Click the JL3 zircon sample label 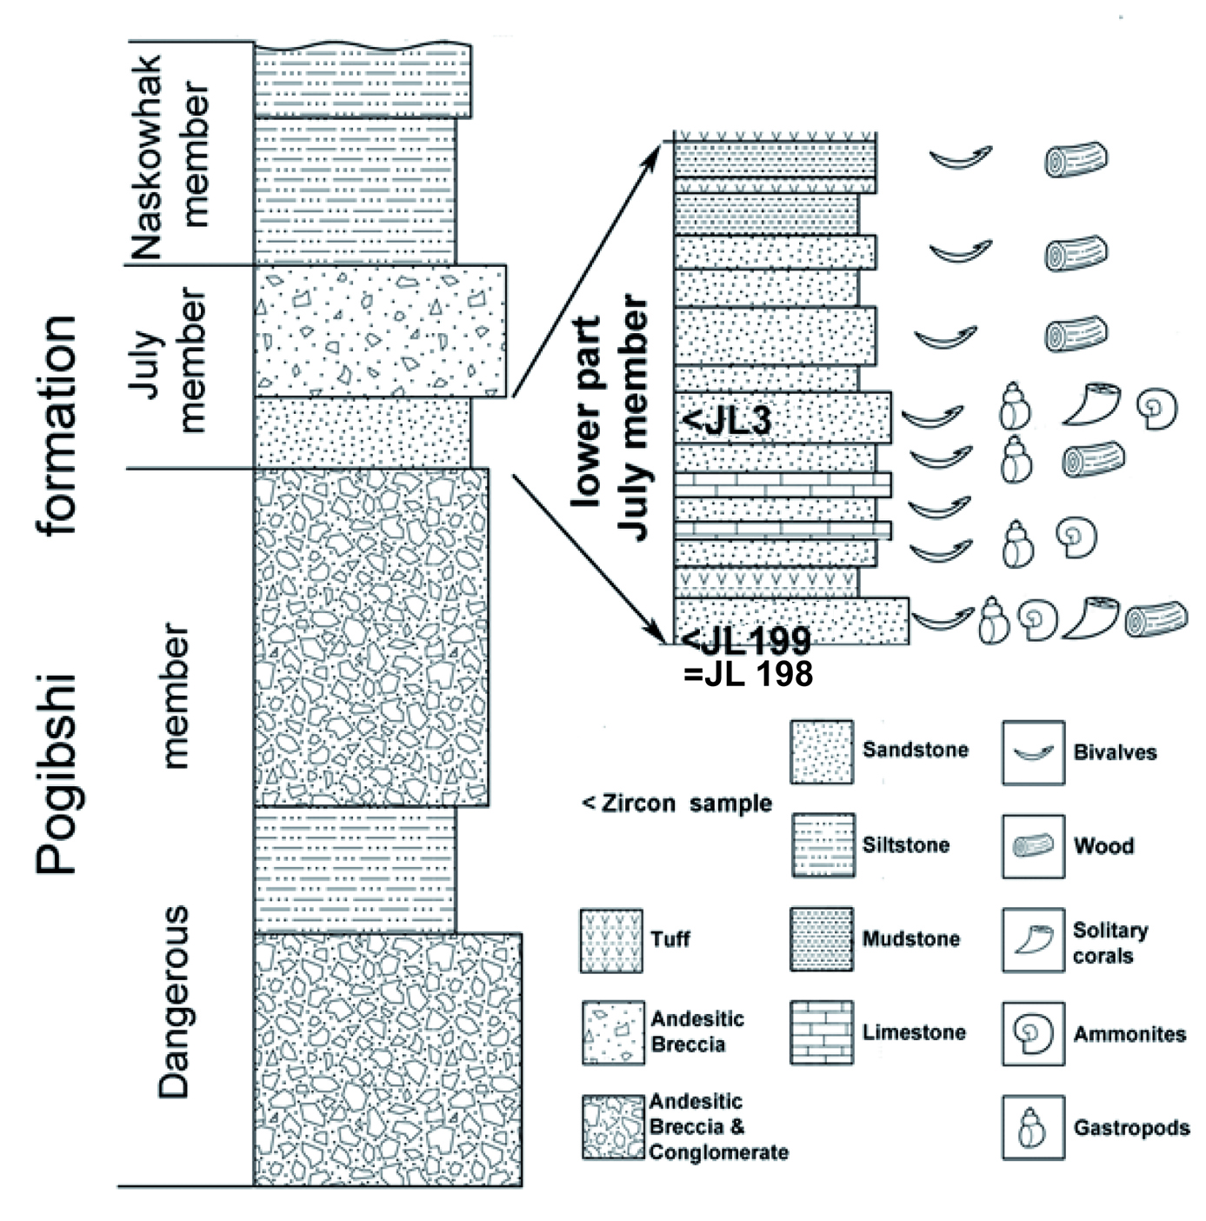click(x=727, y=421)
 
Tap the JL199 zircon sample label click(x=746, y=642)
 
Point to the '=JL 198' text click(x=748, y=674)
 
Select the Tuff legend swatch click(x=611, y=940)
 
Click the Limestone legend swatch click(x=821, y=1033)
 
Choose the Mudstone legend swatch click(x=821, y=939)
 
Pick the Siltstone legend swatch click(x=822, y=845)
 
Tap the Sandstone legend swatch click(x=821, y=751)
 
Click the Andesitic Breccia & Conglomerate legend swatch click(x=613, y=1127)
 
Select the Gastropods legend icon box click(x=1033, y=1128)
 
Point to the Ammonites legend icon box click(x=1033, y=1033)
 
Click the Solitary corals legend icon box click(x=1033, y=940)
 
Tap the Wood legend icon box click(x=1033, y=845)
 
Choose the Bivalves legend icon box click(x=1033, y=752)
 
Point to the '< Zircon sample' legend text click(x=676, y=804)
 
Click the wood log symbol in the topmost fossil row click(x=1076, y=160)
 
